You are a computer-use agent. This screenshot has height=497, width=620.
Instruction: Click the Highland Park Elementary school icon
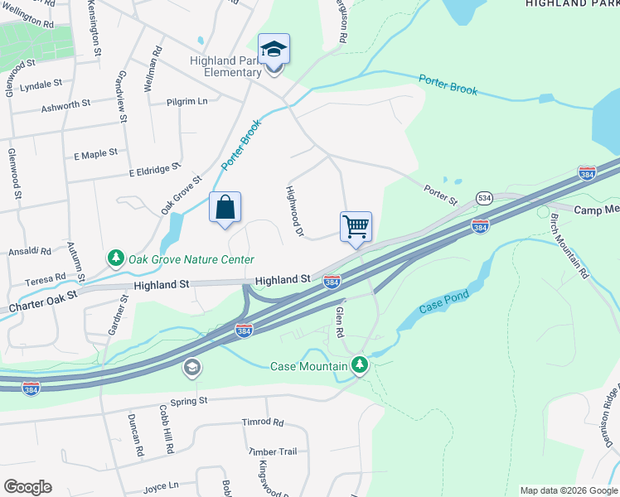click(274, 50)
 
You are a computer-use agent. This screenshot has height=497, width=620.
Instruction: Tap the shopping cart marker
click(356, 226)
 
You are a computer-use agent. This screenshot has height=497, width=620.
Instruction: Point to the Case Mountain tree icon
click(359, 364)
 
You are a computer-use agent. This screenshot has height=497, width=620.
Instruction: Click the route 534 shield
click(484, 198)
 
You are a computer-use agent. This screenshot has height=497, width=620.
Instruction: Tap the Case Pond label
click(444, 301)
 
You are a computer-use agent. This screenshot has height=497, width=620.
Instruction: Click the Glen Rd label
click(339, 321)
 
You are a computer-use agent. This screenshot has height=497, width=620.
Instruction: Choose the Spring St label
click(189, 400)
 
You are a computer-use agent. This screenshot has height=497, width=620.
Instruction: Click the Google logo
click(27, 487)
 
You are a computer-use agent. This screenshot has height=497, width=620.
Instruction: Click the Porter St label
click(441, 195)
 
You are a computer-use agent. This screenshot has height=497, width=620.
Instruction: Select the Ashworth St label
click(65, 104)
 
